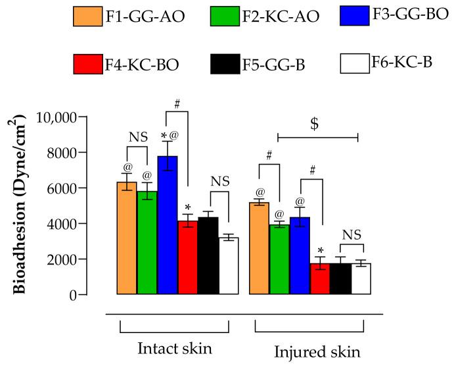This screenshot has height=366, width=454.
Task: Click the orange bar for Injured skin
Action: (260, 248)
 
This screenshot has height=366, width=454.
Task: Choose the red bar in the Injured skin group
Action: (320, 279)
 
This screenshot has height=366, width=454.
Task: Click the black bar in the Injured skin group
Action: (340, 279)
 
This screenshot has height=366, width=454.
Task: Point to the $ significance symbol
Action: (316, 125)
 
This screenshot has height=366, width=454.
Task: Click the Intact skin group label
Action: (173, 347)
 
